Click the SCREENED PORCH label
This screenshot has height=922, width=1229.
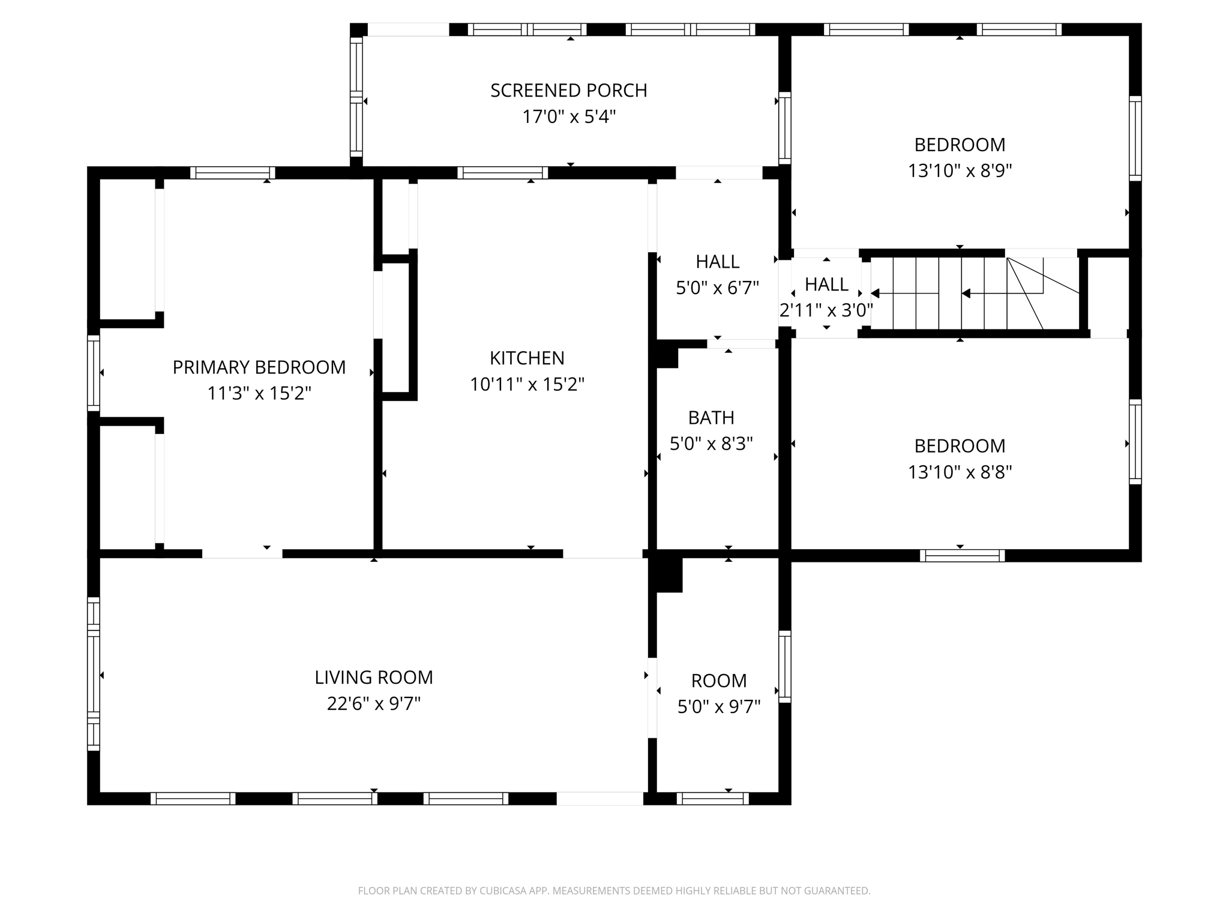coord(568,91)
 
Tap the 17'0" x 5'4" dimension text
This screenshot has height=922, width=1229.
coord(568,116)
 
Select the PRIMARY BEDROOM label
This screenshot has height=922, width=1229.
coord(259,367)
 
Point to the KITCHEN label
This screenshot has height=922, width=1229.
coord(527,358)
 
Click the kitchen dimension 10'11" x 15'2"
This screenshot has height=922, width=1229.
coord(527,384)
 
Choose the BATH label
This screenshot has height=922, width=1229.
coord(711,418)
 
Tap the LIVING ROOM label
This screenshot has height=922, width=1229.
coord(373,678)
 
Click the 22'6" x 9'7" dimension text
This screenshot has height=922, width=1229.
coord(373,704)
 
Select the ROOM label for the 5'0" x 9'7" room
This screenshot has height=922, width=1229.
coord(718,681)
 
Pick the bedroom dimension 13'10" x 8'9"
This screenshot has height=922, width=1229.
coord(960,171)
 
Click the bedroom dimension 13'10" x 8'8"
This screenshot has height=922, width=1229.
coord(960,472)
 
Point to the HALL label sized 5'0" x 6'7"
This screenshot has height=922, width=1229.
coord(717,262)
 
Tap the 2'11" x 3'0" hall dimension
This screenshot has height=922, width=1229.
coord(826,311)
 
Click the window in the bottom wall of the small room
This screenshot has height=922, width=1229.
coord(712,798)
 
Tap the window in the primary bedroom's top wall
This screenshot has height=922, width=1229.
coord(232,173)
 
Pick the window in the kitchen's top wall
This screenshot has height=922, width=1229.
coord(502,173)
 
